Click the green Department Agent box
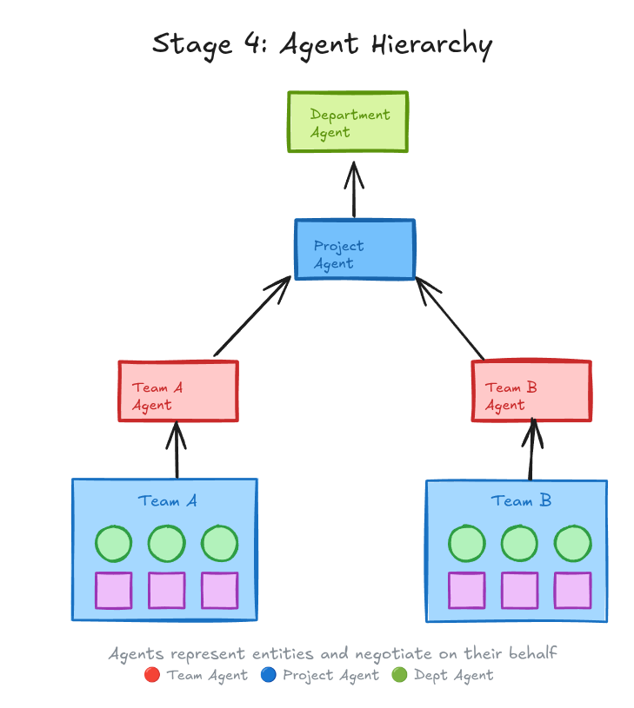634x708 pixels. coord(348,122)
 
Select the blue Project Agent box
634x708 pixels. coord(355,249)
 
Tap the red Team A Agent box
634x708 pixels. coord(178,392)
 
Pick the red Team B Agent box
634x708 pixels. coord(531,391)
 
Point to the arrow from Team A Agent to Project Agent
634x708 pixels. coord(251,317)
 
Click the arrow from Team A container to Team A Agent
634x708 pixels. coord(177,450)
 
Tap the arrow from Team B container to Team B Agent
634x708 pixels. coord(531,450)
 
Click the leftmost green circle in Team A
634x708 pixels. coord(113,544)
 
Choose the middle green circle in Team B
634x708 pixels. coord(520,544)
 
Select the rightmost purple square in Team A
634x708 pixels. coord(219,591)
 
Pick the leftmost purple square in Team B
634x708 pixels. coord(467,591)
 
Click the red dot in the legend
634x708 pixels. coord(152,675)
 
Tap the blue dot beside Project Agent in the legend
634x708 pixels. coord(268,675)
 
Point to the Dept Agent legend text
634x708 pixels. coord(453,675)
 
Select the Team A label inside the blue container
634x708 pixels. coord(167,501)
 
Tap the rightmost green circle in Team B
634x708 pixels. coord(573,544)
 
